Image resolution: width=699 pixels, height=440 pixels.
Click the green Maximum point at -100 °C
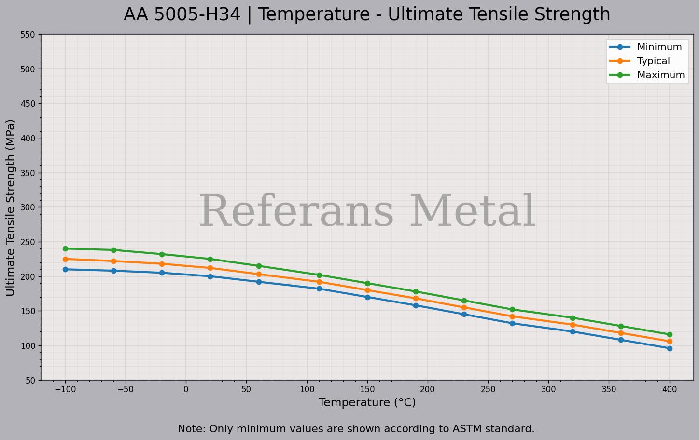tap(65, 249)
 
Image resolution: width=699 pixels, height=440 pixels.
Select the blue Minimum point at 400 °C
tap(670, 348)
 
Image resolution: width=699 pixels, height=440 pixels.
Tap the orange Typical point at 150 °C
tap(367, 290)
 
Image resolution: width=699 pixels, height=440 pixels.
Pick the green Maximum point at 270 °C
tap(512, 310)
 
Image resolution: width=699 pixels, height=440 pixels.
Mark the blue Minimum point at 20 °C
tap(210, 276)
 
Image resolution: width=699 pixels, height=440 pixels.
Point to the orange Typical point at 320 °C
tap(573, 325)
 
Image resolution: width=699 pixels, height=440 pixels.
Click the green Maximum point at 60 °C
tap(259, 266)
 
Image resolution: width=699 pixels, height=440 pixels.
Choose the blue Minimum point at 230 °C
tap(464, 314)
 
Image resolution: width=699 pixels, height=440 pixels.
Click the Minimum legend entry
tap(659, 47)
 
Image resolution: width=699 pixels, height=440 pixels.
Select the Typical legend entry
tap(653, 61)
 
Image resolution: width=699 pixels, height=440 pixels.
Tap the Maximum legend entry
tap(660, 75)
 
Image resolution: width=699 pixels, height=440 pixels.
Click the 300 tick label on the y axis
tap(28, 207)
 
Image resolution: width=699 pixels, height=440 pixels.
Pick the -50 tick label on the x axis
tap(126, 389)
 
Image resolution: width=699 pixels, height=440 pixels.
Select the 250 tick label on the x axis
tap(488, 389)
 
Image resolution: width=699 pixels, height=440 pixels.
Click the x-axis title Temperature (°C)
tap(367, 402)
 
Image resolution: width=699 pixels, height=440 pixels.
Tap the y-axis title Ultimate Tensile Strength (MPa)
tap(11, 207)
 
